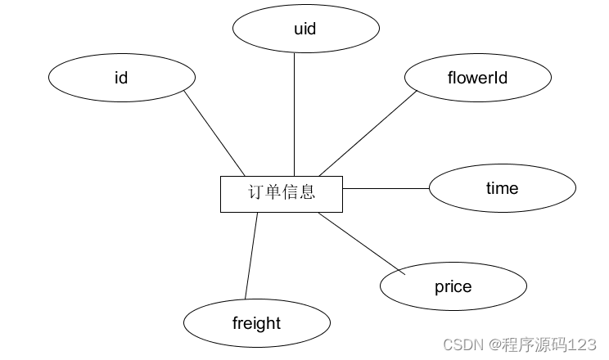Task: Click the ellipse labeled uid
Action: (x=305, y=29)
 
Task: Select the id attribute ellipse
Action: (x=121, y=78)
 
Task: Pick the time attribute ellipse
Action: (x=502, y=188)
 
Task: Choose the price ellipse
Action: (x=453, y=286)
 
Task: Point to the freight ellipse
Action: (x=256, y=323)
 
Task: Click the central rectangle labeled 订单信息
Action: (x=282, y=193)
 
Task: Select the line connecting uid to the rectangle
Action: (x=294, y=115)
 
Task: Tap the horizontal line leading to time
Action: (x=385, y=188)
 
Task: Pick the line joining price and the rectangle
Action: (x=360, y=241)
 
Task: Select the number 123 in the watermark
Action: (x=584, y=344)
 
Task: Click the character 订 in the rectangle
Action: (x=256, y=193)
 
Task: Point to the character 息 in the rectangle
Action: (x=307, y=193)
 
